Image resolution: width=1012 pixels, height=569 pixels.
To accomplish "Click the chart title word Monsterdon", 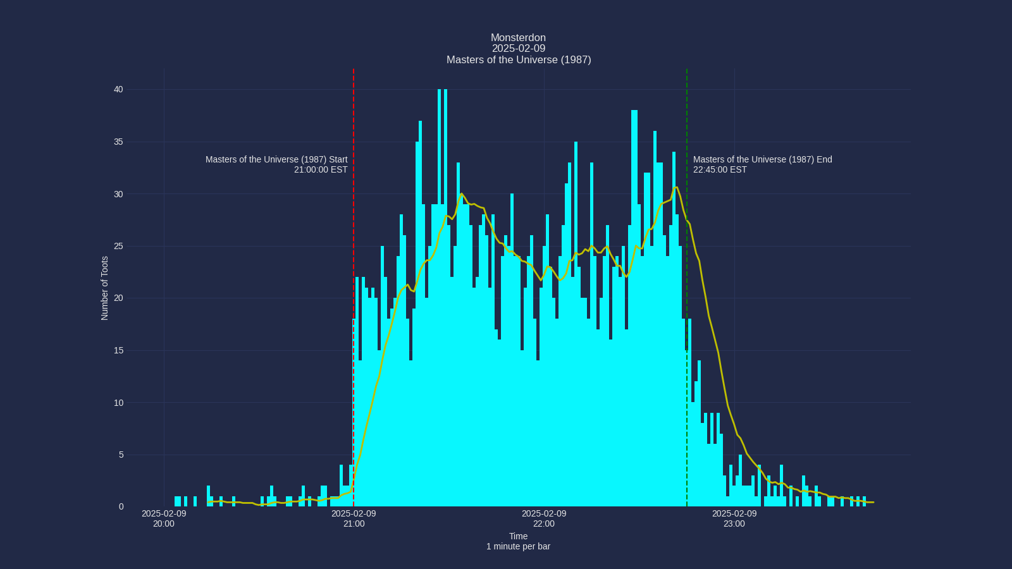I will (x=518, y=38).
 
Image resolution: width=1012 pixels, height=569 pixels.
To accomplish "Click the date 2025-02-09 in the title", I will (x=518, y=49).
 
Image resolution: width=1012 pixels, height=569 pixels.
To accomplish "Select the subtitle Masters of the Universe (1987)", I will (x=518, y=60).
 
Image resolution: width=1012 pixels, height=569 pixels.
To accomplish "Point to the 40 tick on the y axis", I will (x=118, y=90).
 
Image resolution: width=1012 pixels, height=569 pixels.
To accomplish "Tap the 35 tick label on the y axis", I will (x=118, y=142).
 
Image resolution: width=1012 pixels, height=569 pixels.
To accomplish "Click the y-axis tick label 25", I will (x=118, y=247).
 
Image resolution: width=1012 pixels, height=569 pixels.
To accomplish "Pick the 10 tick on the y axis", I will (x=118, y=403).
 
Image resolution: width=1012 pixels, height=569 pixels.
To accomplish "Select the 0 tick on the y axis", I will (x=121, y=507).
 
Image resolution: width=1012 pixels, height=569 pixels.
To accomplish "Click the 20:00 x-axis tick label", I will (x=164, y=523).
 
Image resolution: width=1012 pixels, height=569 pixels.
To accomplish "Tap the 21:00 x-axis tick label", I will (x=354, y=523).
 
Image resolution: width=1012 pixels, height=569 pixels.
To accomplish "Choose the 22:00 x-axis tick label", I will (x=544, y=523).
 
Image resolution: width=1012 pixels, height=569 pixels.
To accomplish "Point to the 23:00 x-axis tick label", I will (x=734, y=523).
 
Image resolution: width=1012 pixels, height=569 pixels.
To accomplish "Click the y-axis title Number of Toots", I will (x=105, y=288).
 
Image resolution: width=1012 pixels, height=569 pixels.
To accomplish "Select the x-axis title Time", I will (x=518, y=536).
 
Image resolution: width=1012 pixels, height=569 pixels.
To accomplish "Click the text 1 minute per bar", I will (x=518, y=546).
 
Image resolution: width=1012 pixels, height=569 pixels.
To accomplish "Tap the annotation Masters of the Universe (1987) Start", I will (x=276, y=159).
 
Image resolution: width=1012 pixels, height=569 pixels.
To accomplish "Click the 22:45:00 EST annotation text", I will (x=720, y=169).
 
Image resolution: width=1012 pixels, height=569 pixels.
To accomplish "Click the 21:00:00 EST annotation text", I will (x=321, y=169).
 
